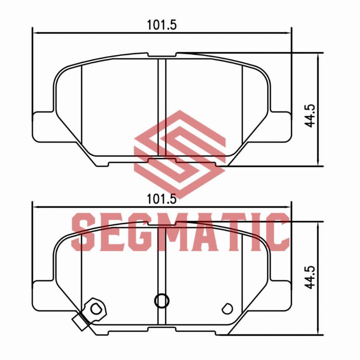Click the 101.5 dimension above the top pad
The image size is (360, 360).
tap(162, 25)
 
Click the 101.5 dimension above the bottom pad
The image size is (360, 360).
tap(162, 199)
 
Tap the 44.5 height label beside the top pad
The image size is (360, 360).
tap(310, 116)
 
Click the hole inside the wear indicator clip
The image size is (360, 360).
tap(96, 308)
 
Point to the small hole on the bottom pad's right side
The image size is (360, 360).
tap(227, 308)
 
